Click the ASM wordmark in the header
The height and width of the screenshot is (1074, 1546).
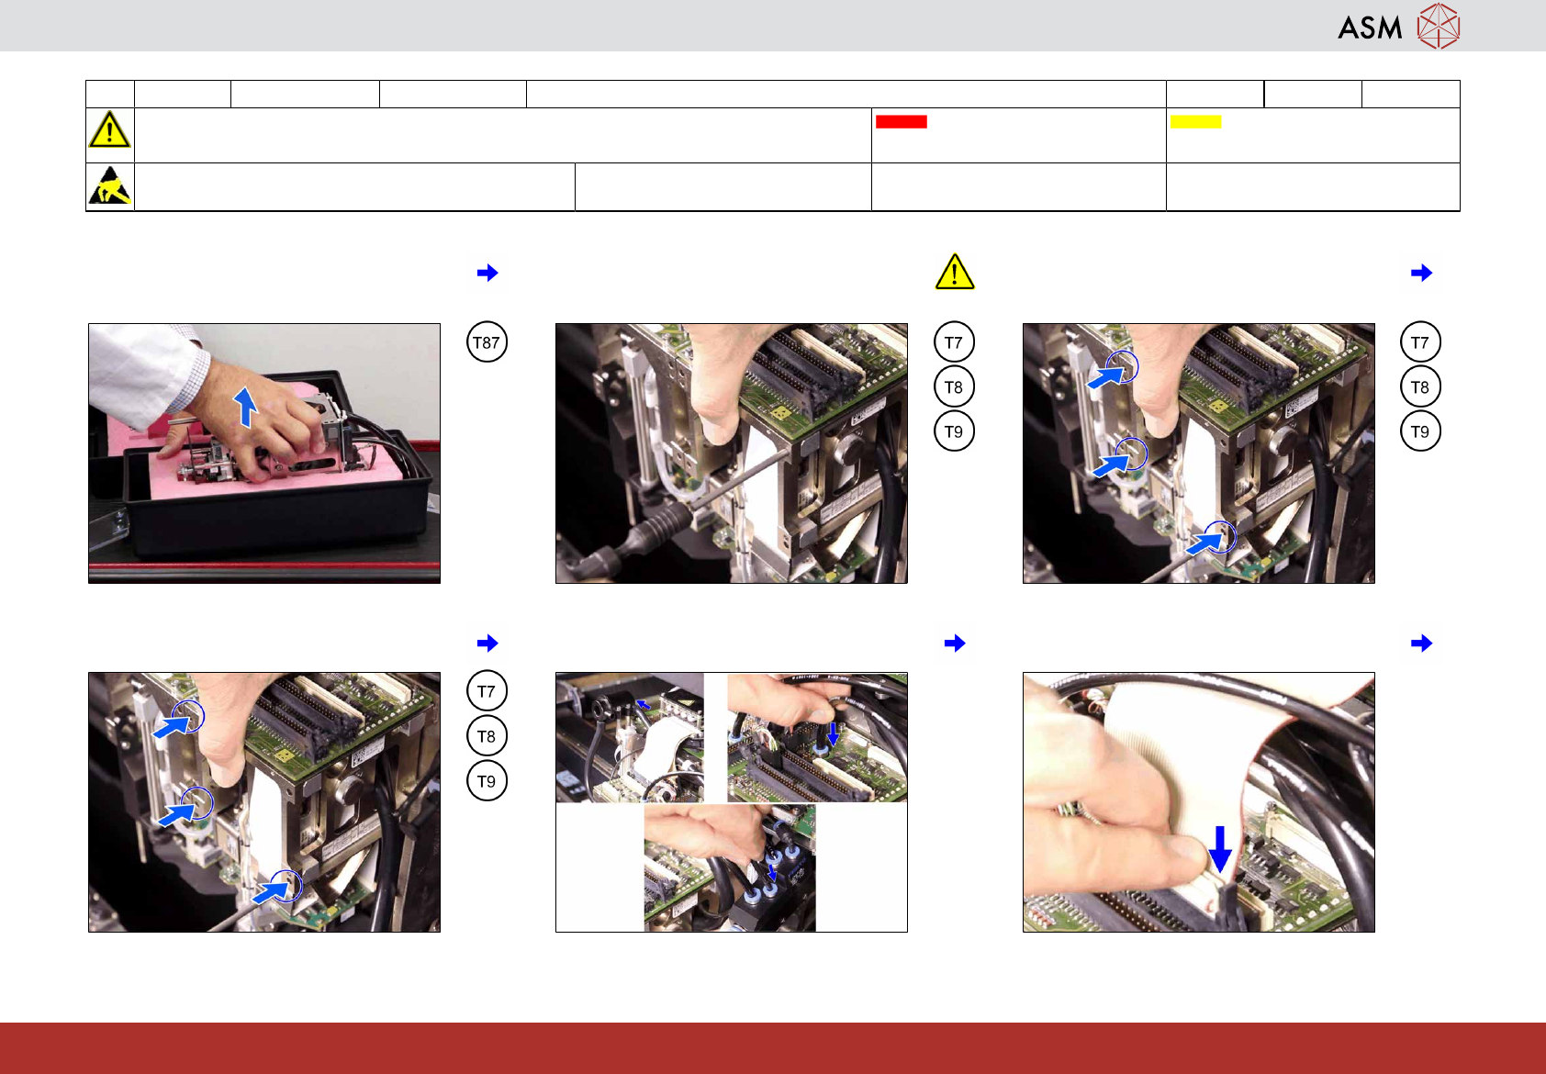click(1370, 28)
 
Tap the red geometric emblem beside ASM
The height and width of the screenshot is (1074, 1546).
click(1439, 27)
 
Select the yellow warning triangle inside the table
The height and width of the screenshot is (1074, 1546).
click(109, 129)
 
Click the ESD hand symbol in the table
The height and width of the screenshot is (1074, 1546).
click(109, 185)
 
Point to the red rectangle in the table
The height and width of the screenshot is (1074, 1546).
click(901, 121)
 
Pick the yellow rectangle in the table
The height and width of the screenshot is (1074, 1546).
click(1195, 121)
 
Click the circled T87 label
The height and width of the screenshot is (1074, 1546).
click(487, 341)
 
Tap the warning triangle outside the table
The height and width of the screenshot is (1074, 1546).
click(955, 272)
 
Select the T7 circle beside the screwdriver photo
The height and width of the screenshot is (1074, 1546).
click(954, 341)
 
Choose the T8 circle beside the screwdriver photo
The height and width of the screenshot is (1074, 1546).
click(954, 386)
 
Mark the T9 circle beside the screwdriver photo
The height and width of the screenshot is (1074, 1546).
click(954, 431)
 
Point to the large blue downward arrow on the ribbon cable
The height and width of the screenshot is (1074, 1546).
click(1219, 849)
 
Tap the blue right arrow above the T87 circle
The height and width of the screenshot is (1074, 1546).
click(487, 273)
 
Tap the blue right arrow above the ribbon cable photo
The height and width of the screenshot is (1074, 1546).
click(1422, 643)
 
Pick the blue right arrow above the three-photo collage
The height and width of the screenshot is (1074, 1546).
click(955, 643)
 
